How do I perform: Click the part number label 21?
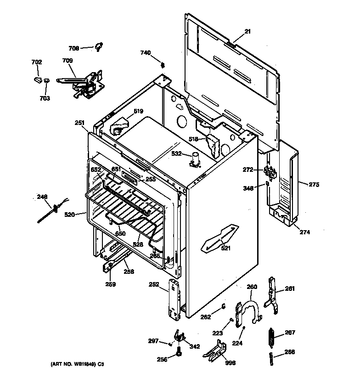coord(247,31)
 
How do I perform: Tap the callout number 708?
coord(74,48)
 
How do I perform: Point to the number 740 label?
coord(145,53)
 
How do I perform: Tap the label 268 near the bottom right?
coord(290,352)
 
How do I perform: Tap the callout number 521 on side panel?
coord(226,249)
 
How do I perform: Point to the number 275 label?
coord(314,185)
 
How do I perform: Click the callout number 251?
coord(79,123)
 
